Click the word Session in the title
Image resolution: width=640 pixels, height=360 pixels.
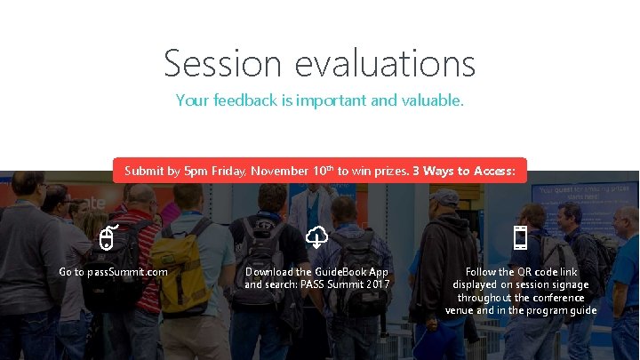click(x=222, y=64)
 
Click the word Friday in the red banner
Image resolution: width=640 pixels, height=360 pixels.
click(x=228, y=170)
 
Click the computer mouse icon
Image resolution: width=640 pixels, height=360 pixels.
click(x=107, y=237)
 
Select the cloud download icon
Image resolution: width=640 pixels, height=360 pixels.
click(x=317, y=236)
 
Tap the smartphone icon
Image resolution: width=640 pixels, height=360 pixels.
click(x=521, y=237)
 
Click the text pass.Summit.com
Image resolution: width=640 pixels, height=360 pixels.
click(x=125, y=271)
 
